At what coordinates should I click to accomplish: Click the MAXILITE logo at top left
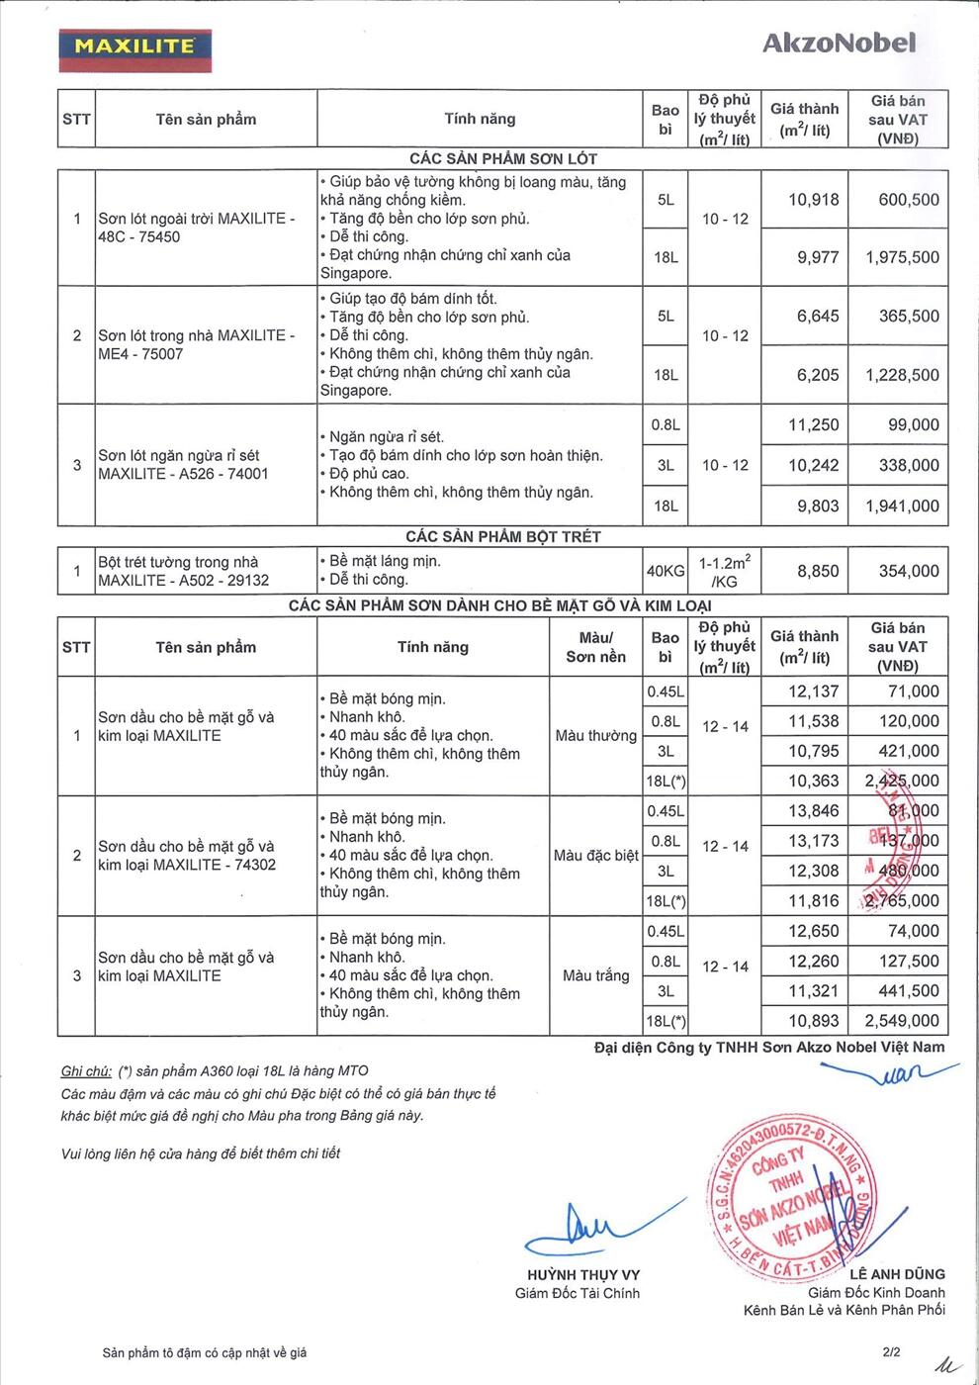(x=134, y=46)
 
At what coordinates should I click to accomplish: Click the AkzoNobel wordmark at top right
(x=839, y=43)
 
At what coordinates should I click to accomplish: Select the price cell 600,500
(x=908, y=200)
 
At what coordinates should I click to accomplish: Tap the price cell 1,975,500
(x=902, y=257)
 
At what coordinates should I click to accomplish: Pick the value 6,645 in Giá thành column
(x=818, y=317)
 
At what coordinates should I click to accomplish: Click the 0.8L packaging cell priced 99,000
(x=666, y=425)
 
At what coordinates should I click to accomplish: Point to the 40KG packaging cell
(x=666, y=571)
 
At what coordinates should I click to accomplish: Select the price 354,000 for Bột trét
(x=908, y=571)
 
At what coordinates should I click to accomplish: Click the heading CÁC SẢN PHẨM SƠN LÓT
(x=503, y=158)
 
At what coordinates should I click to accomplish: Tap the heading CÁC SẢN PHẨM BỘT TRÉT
(x=503, y=536)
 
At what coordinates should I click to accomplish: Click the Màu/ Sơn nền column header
(x=595, y=647)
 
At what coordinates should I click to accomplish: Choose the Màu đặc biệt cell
(x=596, y=855)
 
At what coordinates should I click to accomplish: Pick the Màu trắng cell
(x=596, y=975)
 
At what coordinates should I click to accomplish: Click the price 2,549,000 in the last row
(x=902, y=1021)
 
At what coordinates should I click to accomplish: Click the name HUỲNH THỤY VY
(x=583, y=1275)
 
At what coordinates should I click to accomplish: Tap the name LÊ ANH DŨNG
(x=897, y=1274)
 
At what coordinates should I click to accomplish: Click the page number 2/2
(x=892, y=1351)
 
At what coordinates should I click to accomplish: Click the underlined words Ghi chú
(x=86, y=1070)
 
